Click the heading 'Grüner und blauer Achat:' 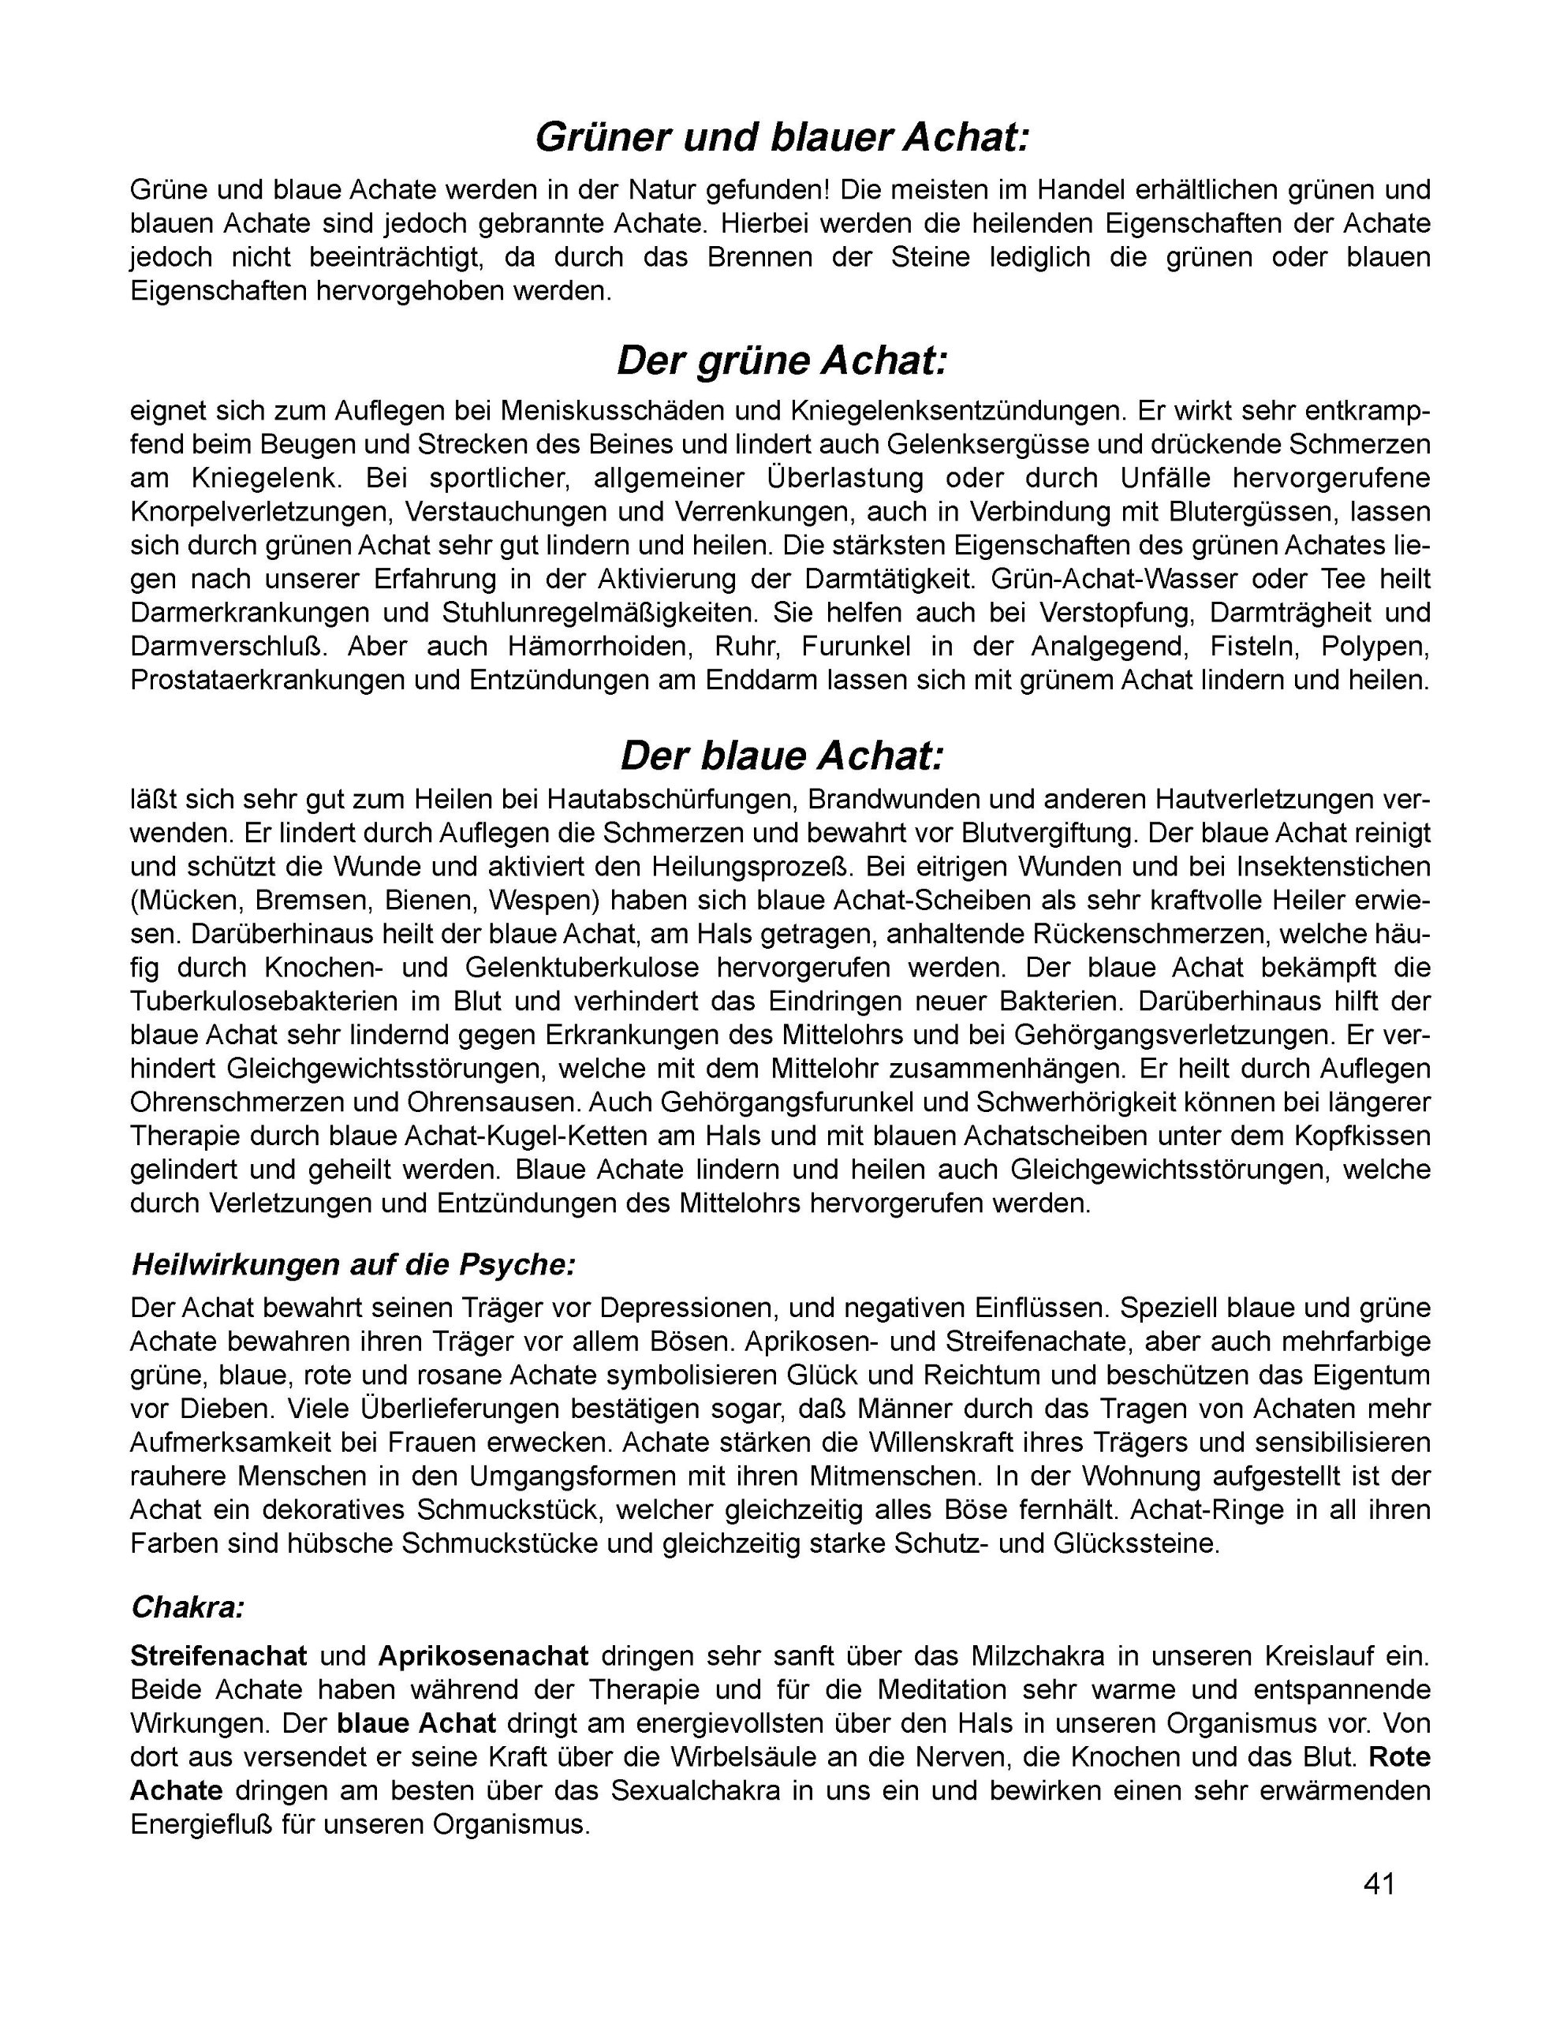(782, 139)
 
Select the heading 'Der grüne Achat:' (782, 360)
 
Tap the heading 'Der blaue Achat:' (782, 756)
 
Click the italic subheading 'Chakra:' (188, 1607)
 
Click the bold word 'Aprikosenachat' (483, 1655)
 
